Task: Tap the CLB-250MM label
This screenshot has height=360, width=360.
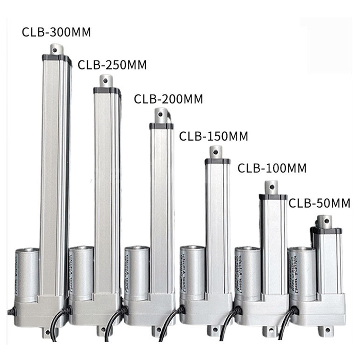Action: pos(112,64)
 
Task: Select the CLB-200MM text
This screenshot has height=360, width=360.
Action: pos(168,99)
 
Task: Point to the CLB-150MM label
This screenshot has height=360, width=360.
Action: pos(214,136)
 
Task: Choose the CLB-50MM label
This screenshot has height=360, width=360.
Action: pos(319,203)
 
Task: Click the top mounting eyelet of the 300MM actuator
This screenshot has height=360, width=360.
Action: pos(57,49)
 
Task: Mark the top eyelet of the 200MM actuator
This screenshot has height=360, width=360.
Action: pos(161,115)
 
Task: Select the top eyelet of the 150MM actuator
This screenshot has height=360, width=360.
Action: pos(216,152)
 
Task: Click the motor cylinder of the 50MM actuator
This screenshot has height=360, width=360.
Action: pos(301,273)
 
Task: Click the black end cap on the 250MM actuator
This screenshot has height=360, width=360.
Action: pos(107,90)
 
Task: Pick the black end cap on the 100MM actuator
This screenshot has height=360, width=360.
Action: pos(273,197)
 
